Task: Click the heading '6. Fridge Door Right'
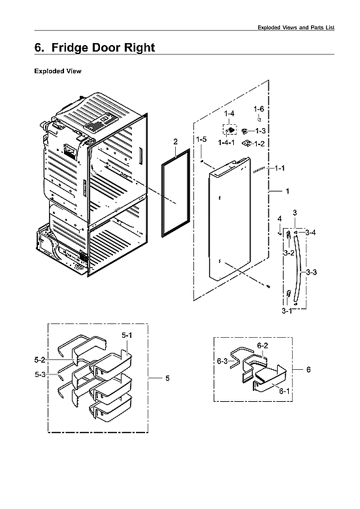(x=94, y=48)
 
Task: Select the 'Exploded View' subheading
(x=57, y=71)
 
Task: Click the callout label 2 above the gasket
(x=175, y=142)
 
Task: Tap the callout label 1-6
(x=259, y=109)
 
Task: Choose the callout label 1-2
(x=259, y=143)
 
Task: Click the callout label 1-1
(x=280, y=169)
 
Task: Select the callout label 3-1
(x=287, y=312)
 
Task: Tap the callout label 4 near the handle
(x=279, y=218)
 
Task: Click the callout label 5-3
(x=40, y=374)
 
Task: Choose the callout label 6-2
(x=263, y=345)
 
